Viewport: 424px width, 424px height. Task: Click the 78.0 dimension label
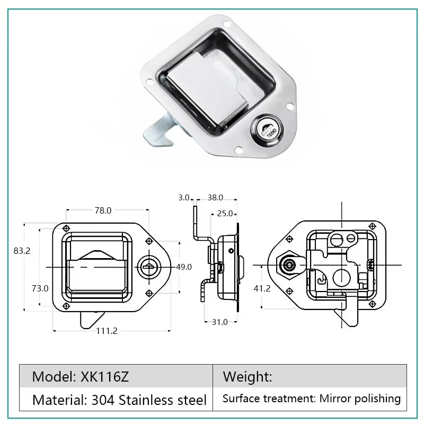[x=103, y=210]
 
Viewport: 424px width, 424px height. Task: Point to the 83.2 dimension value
[x=22, y=251]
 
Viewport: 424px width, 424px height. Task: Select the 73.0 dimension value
[x=40, y=288]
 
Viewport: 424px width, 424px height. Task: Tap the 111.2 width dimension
[x=107, y=331]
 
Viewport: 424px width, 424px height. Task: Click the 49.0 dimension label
[x=184, y=267]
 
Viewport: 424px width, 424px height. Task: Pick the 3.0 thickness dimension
[x=183, y=198]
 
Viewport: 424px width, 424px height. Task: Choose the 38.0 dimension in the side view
[x=215, y=198]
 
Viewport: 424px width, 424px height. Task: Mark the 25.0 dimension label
[x=225, y=214]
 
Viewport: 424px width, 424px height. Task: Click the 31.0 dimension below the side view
[x=219, y=322]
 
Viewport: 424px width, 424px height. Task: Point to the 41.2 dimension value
[x=262, y=288]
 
